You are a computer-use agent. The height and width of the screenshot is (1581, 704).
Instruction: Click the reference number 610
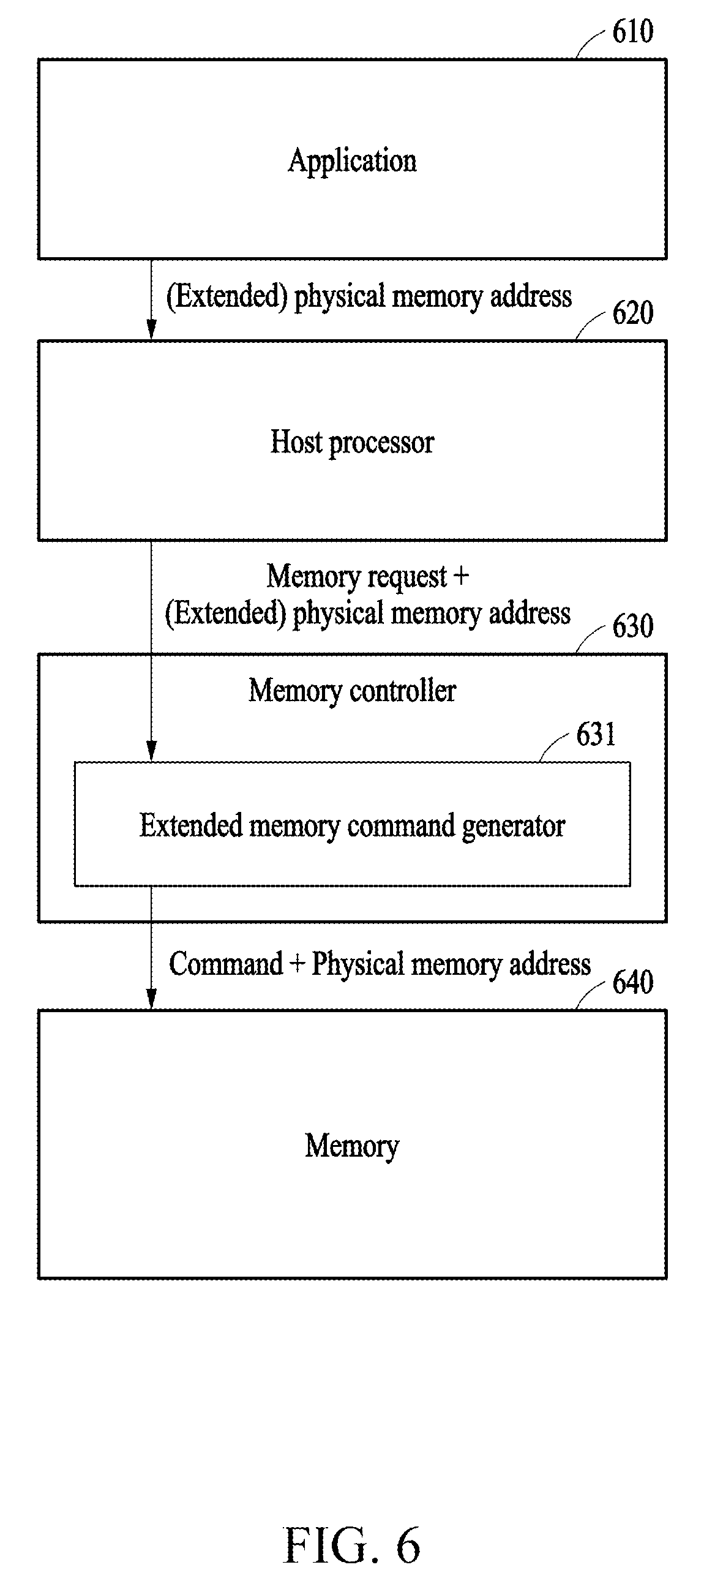click(x=633, y=31)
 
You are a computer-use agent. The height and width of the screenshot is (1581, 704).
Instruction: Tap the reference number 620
click(x=633, y=313)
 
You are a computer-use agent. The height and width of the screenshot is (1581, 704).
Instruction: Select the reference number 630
click(x=633, y=626)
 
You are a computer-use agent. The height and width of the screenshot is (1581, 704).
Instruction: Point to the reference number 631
click(x=596, y=734)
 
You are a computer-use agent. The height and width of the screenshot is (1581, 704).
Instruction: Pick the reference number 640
click(x=633, y=982)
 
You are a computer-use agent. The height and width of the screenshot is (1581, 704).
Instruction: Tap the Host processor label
click(x=353, y=443)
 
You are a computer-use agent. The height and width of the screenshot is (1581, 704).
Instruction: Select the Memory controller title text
click(x=353, y=691)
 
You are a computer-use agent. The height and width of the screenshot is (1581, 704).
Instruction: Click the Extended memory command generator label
click(x=353, y=826)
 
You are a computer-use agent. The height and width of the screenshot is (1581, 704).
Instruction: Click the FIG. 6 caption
click(x=353, y=1545)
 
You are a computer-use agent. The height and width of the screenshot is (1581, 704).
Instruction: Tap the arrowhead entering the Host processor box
click(x=151, y=329)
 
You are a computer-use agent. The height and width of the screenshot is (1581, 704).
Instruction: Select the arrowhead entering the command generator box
click(x=151, y=751)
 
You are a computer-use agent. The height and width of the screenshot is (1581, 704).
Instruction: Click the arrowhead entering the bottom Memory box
click(x=151, y=999)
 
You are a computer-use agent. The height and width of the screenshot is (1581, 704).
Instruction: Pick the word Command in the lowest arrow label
click(x=226, y=964)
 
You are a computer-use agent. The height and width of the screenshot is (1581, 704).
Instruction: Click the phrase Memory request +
click(x=368, y=577)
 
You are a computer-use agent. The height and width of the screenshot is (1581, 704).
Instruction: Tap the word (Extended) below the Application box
click(x=227, y=297)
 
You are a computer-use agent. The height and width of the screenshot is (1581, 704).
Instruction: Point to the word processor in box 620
click(x=382, y=444)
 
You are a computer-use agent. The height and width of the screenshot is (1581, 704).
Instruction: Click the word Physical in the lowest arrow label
click(x=359, y=965)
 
